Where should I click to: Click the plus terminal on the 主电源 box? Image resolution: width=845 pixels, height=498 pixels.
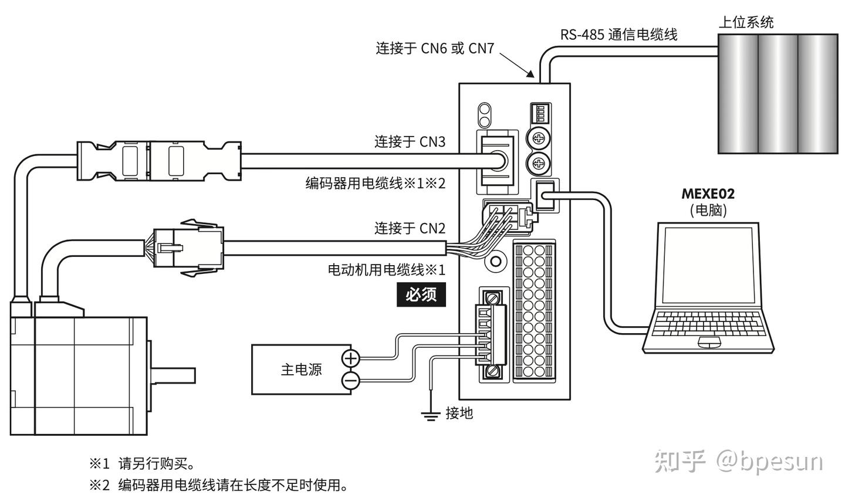(x=350, y=358)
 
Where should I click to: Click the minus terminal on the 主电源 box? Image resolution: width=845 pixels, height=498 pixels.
(x=350, y=381)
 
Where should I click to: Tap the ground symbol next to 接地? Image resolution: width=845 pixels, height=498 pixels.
(x=430, y=415)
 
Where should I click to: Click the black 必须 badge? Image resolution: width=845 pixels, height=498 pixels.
(x=421, y=294)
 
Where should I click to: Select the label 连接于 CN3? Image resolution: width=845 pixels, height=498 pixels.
(x=410, y=141)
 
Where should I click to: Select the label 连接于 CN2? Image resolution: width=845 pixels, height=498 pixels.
(x=410, y=228)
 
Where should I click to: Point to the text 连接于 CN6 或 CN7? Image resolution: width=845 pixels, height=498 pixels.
(x=434, y=48)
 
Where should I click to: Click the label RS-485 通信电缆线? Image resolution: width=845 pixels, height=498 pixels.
(x=618, y=34)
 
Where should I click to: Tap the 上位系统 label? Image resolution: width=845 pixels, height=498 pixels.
(x=746, y=22)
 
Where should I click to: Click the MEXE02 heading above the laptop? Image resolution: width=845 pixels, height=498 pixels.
(x=708, y=194)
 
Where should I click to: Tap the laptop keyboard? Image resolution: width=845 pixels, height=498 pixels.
(x=708, y=326)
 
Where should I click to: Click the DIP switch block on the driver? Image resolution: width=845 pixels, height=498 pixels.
(x=539, y=111)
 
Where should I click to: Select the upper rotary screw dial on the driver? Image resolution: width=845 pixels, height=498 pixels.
(x=538, y=138)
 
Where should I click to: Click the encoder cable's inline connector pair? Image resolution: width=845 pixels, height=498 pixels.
(x=158, y=159)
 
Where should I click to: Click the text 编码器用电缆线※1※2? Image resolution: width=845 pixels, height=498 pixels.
(x=376, y=184)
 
